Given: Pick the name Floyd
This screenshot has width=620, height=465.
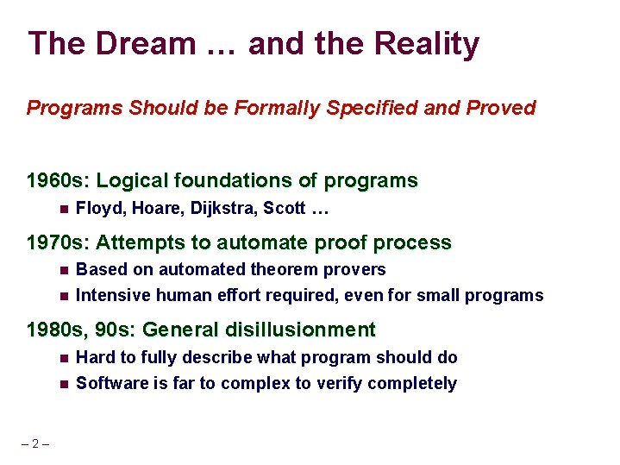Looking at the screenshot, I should coord(97,208).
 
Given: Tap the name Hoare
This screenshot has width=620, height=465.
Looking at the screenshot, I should coord(152,208).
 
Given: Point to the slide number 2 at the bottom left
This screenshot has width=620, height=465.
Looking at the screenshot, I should coord(34,444).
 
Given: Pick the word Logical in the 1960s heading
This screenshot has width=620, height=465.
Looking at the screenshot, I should coord(133,181).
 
